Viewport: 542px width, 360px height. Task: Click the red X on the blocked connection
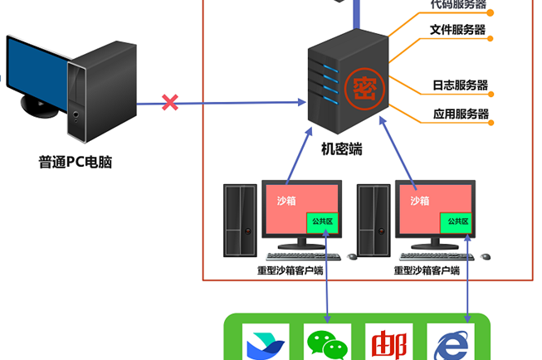pos(170,103)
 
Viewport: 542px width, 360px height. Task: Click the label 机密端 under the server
pos(341,149)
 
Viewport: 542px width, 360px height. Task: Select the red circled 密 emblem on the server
pos(364,85)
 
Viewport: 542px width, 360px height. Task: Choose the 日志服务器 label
pos(459,85)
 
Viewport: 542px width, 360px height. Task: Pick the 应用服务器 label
pos(461,114)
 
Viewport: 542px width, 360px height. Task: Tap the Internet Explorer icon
pos(449,343)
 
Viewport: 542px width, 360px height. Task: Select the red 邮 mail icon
pos(388,343)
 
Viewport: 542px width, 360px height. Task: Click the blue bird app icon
pos(265,343)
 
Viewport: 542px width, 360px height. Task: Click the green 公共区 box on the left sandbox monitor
pos(323,222)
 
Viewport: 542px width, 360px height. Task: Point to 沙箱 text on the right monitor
pos(420,200)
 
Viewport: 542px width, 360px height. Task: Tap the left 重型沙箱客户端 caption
pos(290,270)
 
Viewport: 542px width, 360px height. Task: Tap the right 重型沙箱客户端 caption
pos(427,270)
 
